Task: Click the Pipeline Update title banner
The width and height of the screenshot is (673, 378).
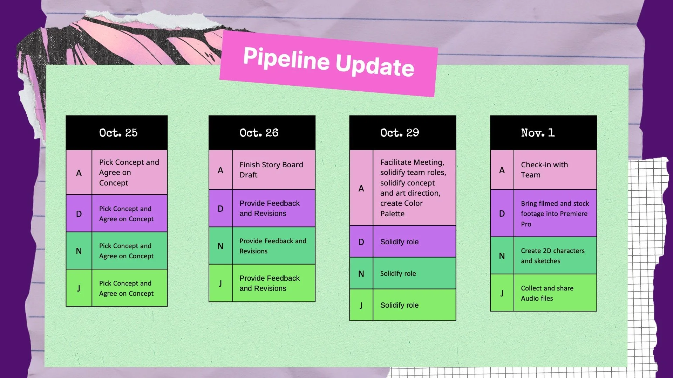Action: tap(328, 63)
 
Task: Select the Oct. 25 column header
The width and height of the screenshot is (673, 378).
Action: tap(118, 133)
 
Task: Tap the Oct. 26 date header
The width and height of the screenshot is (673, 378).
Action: tap(259, 133)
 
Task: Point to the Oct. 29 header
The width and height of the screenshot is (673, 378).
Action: tap(400, 133)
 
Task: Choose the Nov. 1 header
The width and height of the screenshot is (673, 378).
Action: tap(538, 133)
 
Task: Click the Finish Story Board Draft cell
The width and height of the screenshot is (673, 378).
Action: tap(271, 170)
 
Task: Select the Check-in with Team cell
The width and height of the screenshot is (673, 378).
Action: tap(544, 170)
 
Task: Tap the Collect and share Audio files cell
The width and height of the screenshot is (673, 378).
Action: tap(547, 293)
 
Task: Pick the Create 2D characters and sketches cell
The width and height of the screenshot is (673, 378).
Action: tap(553, 256)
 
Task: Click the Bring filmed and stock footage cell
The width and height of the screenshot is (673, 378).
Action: tap(555, 213)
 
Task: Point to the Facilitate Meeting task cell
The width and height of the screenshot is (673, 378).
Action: tap(413, 188)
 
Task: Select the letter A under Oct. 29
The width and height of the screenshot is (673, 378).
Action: tap(361, 188)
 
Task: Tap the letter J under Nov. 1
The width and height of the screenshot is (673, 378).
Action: tap(502, 293)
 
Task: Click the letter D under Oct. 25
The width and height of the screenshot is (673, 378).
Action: tap(79, 214)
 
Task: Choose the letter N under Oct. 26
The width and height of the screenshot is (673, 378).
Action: tap(220, 246)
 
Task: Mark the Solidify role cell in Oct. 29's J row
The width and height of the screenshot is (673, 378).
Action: tap(399, 305)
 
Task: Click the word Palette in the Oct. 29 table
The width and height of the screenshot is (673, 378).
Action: tap(392, 213)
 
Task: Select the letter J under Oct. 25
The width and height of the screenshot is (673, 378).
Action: tap(79, 288)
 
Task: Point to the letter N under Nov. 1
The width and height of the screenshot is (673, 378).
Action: tap(502, 256)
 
